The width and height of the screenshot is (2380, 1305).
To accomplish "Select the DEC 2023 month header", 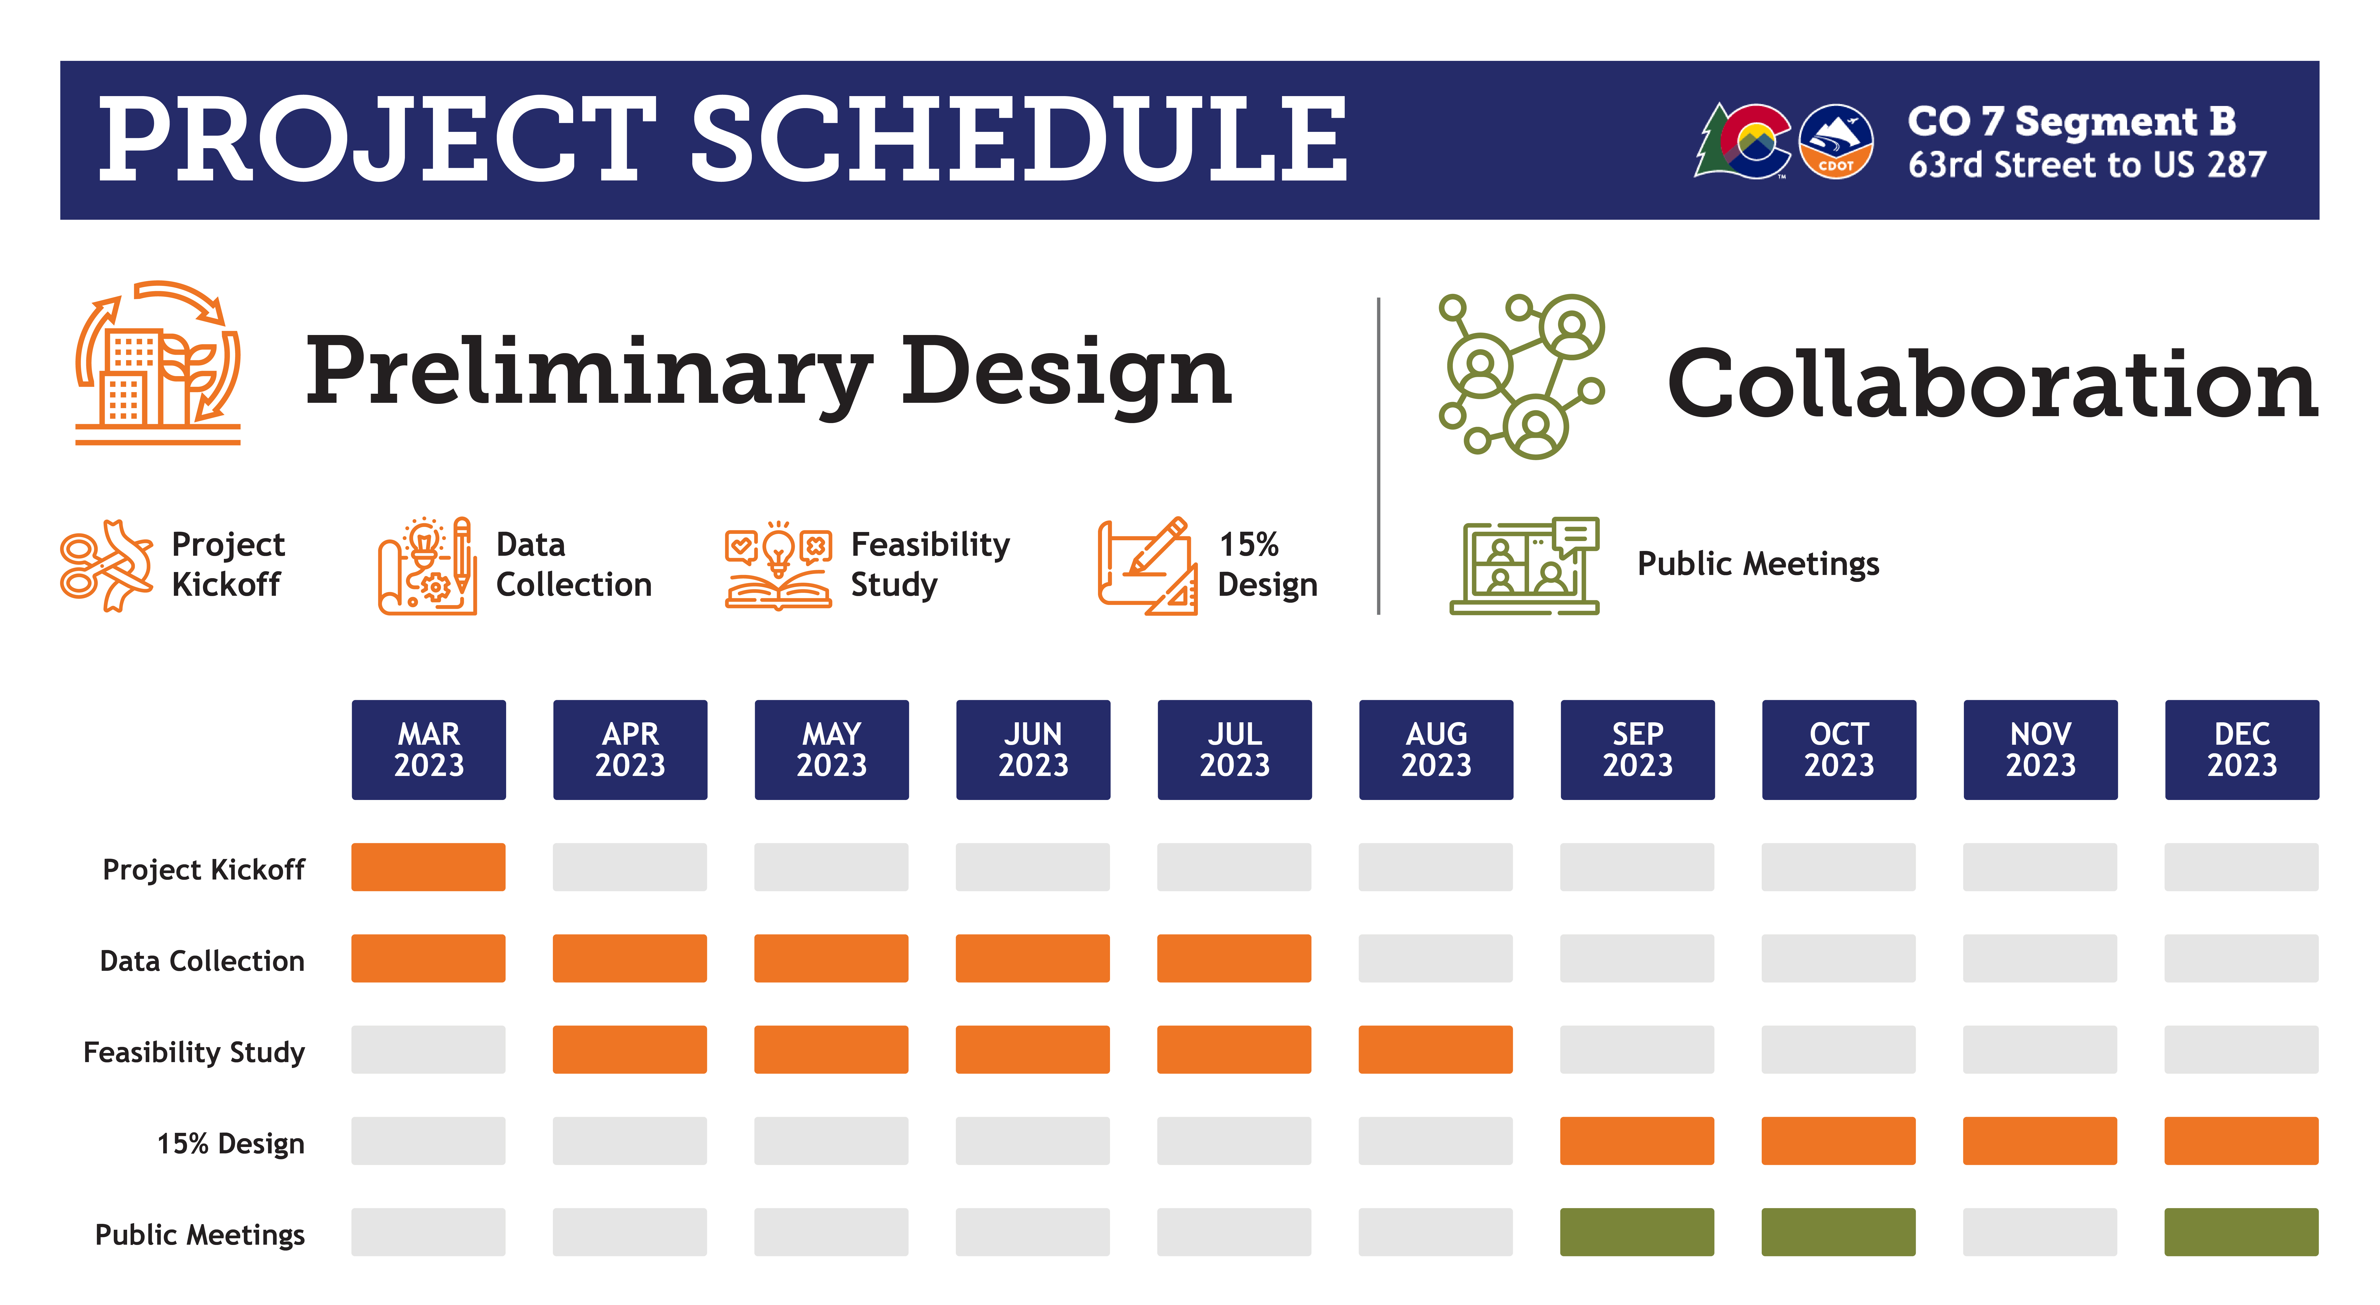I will click(2241, 749).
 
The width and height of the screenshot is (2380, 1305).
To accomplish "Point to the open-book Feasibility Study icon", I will click(778, 565).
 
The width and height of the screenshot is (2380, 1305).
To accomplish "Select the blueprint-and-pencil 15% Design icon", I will click(1147, 565).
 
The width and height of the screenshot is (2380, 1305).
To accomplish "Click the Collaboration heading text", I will click(1992, 383).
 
